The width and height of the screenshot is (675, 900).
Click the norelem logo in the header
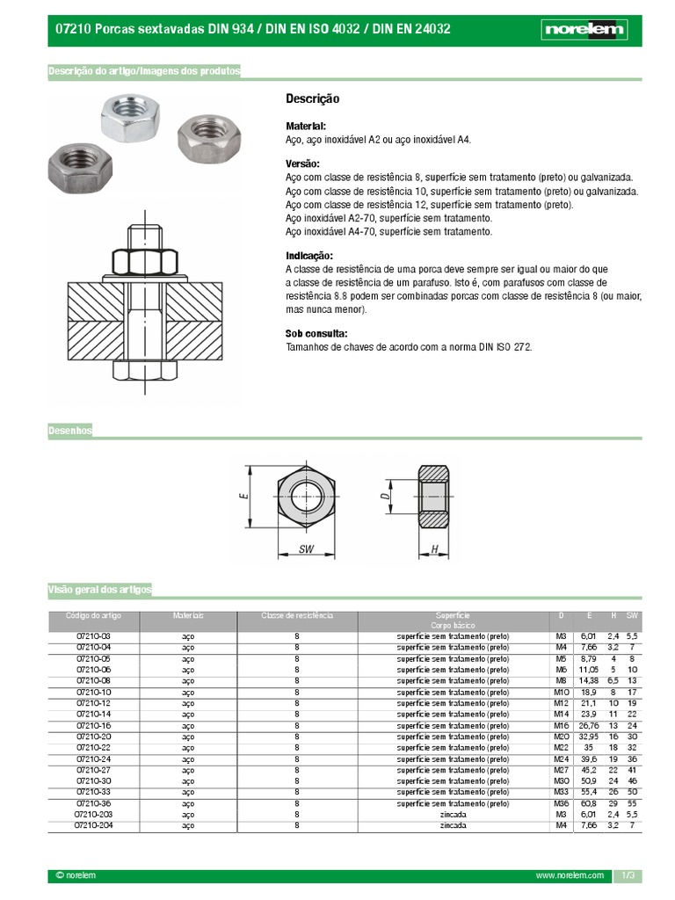click(x=584, y=30)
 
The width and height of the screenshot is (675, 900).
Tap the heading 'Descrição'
click(x=312, y=99)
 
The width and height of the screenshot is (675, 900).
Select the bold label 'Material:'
click(x=306, y=127)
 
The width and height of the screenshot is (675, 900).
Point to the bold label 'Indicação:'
click(x=309, y=255)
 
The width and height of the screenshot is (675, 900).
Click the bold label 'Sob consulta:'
click(x=316, y=334)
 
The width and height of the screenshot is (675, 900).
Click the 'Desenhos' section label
click(x=69, y=431)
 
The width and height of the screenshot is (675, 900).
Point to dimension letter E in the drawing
click(x=243, y=496)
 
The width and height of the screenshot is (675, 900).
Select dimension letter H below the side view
click(x=435, y=548)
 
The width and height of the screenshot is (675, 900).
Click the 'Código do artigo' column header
click(x=93, y=615)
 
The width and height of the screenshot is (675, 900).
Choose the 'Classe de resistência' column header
click(x=297, y=615)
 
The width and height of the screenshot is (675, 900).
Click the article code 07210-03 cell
click(x=93, y=635)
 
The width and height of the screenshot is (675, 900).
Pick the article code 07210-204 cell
click(x=93, y=825)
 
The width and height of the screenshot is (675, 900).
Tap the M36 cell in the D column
click(x=561, y=803)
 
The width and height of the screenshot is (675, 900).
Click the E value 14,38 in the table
click(x=588, y=680)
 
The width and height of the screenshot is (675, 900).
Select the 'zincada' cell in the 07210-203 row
click(x=453, y=815)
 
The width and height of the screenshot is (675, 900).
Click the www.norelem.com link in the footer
click(x=570, y=876)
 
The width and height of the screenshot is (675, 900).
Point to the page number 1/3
click(x=628, y=876)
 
